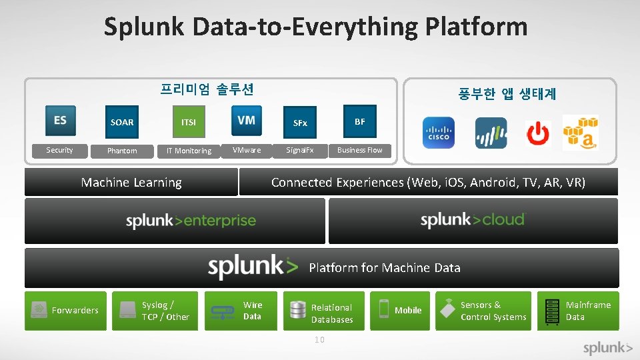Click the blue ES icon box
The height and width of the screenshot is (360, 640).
pyautogui.click(x=60, y=121)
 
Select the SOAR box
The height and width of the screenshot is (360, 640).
pyautogui.click(x=122, y=122)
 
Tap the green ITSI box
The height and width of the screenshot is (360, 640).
pyautogui.click(x=189, y=122)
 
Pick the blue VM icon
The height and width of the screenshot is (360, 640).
pyautogui.click(x=246, y=121)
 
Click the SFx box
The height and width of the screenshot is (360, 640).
pyautogui.click(x=300, y=123)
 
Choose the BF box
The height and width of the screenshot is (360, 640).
pyautogui.click(x=359, y=121)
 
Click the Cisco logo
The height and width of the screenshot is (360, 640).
pyautogui.click(x=438, y=133)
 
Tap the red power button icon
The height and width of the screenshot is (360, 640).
pyautogui.click(x=537, y=133)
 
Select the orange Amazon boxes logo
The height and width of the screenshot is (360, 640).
pyautogui.click(x=580, y=132)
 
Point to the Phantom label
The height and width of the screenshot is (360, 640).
pyautogui.click(x=122, y=151)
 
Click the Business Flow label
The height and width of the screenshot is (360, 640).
pyautogui.click(x=359, y=150)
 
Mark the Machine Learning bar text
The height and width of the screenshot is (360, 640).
pyautogui.click(x=131, y=183)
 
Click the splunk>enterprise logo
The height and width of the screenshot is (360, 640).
pyautogui.click(x=191, y=221)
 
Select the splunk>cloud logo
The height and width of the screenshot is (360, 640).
pyautogui.click(x=473, y=220)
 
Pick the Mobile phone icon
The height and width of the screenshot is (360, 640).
pyautogui.click(x=383, y=309)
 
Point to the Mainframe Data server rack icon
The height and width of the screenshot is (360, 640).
pyautogui.click(x=551, y=311)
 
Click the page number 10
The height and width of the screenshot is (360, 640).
pyautogui.click(x=319, y=340)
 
